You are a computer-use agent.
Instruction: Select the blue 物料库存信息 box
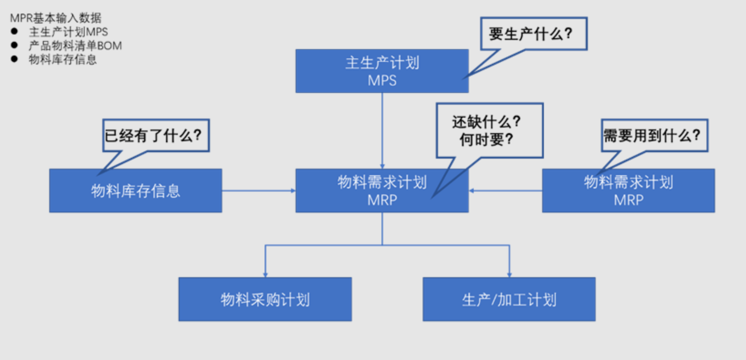(135, 191)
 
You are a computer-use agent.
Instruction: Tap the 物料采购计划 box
(265, 299)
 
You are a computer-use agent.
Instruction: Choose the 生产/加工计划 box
(509, 299)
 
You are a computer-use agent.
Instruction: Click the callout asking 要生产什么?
(534, 34)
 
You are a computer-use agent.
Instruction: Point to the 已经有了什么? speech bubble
(156, 135)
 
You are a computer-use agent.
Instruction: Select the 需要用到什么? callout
(654, 135)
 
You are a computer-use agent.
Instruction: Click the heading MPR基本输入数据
(56, 18)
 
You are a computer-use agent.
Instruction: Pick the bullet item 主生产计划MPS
(68, 32)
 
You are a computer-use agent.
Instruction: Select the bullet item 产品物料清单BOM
(75, 46)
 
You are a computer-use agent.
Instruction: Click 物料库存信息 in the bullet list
(63, 59)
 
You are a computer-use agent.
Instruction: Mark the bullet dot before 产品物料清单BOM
(14, 45)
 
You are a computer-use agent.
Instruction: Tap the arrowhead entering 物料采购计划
(265, 274)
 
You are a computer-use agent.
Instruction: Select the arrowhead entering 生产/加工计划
(510, 274)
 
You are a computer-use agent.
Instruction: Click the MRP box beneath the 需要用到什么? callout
(628, 195)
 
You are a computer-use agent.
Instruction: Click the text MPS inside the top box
(382, 81)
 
